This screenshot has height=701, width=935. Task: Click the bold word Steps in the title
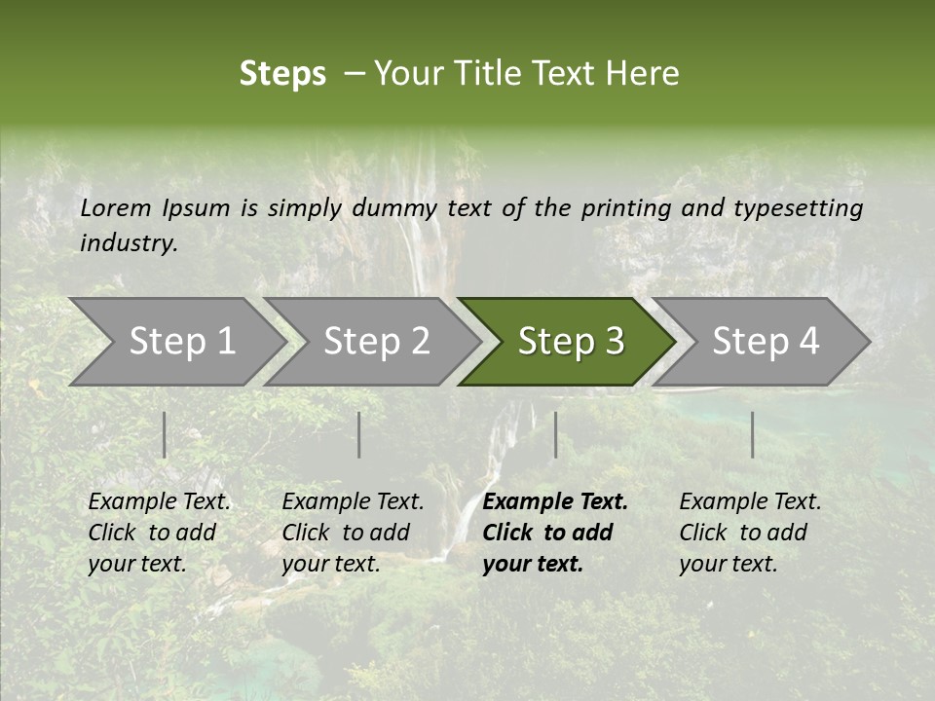pos(282,74)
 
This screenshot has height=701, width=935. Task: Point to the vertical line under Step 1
pos(165,434)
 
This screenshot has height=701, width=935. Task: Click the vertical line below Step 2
pos(359,434)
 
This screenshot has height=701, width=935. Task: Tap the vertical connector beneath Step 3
pos(555,434)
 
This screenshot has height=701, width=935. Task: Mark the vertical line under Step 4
pos(752,434)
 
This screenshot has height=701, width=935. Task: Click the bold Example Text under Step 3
pos(555,502)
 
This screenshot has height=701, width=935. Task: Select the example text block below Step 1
pos(159,533)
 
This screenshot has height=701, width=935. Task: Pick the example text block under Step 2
pos(353,533)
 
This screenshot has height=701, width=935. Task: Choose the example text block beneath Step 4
pos(750,533)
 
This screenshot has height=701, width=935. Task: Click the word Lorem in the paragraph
pos(116,208)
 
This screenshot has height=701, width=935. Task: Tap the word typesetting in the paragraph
pos(798,208)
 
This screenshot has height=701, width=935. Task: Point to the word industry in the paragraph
pos(128,243)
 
